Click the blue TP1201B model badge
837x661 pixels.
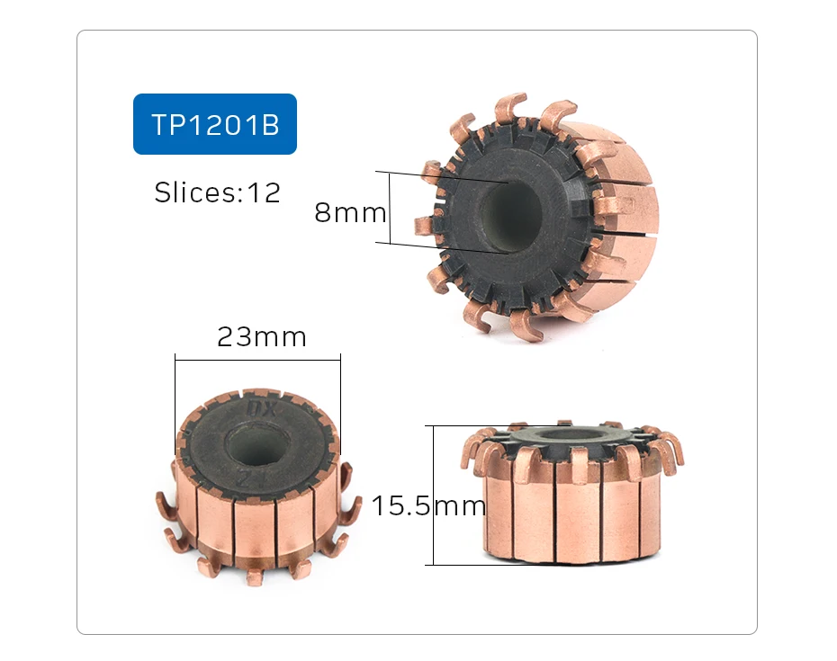click(x=214, y=124)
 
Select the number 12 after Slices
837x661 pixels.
click(x=263, y=192)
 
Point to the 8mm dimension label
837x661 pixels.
click(x=349, y=213)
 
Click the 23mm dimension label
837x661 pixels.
click(x=261, y=337)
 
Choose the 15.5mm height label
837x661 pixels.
click(x=428, y=506)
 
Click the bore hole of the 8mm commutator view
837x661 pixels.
click(x=510, y=216)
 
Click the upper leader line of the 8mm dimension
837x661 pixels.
click(x=441, y=177)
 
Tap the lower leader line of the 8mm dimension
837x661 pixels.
click(x=441, y=247)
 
